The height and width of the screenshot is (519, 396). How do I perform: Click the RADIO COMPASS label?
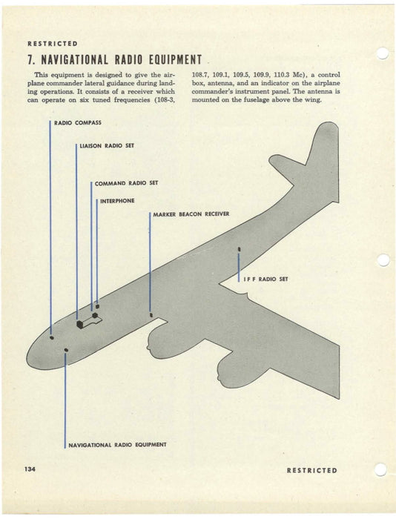click(78, 122)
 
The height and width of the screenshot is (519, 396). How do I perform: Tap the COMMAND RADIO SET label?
click(126, 183)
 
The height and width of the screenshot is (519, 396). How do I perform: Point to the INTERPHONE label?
click(117, 201)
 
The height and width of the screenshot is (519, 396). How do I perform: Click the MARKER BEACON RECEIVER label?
click(191, 214)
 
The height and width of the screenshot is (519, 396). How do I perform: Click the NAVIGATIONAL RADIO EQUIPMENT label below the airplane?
click(117, 445)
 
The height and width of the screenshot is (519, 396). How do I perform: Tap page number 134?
click(30, 470)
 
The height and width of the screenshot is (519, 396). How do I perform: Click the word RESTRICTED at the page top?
click(53, 43)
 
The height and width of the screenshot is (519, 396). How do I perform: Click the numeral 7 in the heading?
click(30, 59)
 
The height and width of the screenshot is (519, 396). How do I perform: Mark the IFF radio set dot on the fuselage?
click(239, 249)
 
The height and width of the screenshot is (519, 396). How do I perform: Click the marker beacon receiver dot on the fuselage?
click(151, 314)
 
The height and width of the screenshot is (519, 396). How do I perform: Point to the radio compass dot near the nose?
click(51, 337)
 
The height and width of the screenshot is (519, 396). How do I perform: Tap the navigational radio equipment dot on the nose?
click(66, 349)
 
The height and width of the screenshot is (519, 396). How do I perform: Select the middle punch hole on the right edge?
click(383, 260)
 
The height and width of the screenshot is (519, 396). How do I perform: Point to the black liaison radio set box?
click(80, 323)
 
